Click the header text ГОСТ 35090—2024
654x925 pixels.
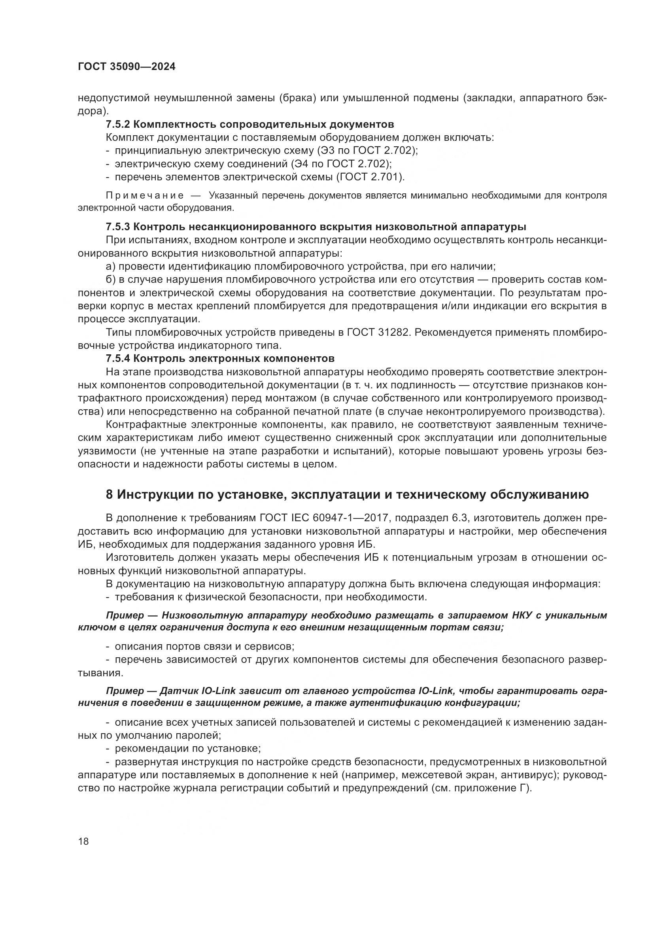point(127,67)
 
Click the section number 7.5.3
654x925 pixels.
point(117,227)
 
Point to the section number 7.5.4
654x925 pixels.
point(117,358)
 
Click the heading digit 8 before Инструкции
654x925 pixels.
point(109,494)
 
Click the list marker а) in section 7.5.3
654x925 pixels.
point(110,266)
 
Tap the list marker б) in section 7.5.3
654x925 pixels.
point(111,280)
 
